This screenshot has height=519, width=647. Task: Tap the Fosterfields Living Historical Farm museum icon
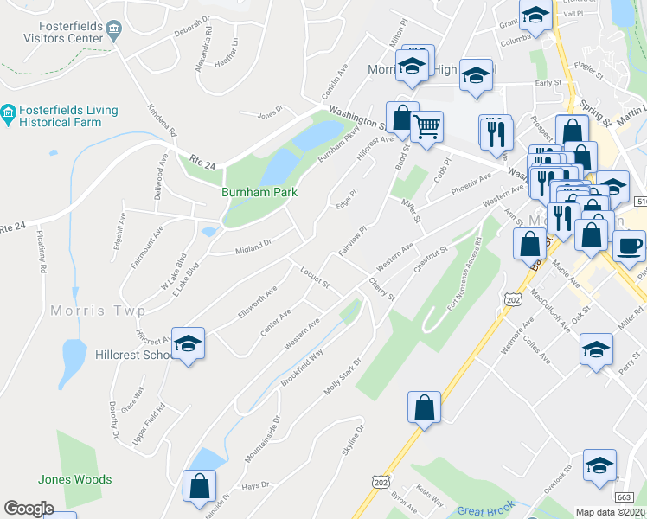coord(9,112)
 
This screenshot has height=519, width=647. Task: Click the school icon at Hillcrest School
coord(188,343)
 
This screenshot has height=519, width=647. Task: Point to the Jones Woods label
coord(74,479)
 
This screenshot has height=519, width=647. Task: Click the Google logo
coord(29,509)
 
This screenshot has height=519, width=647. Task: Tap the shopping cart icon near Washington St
coord(427,127)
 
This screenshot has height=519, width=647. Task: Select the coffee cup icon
coord(629,245)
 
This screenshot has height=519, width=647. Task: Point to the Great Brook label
coord(486,509)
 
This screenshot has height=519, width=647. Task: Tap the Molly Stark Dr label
coord(341,372)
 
